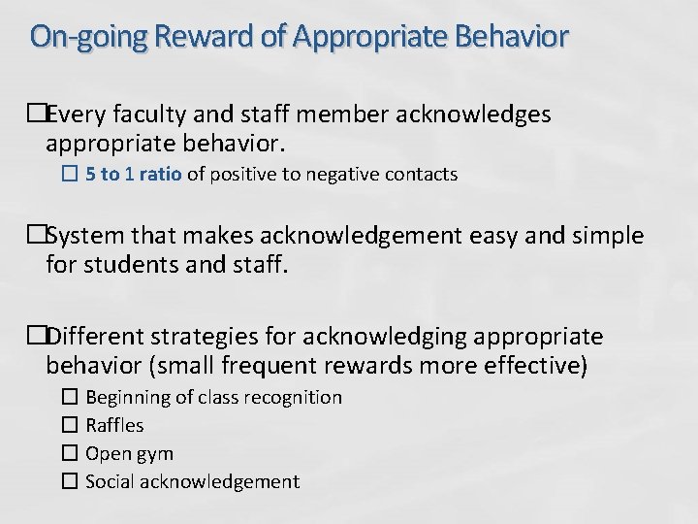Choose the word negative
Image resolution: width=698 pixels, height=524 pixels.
pos(343,176)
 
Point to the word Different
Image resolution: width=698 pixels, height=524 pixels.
pos(92,337)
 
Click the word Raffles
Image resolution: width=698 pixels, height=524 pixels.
pos(114,425)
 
